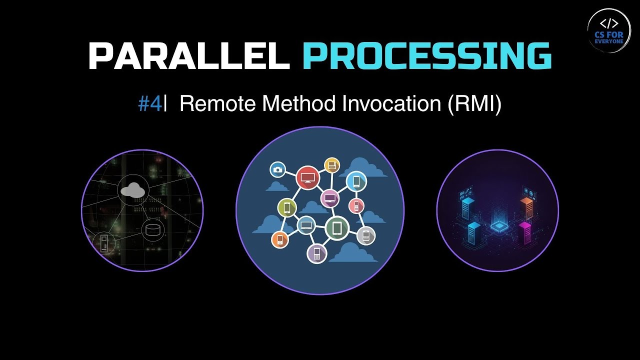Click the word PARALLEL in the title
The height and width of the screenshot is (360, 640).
pos(188,55)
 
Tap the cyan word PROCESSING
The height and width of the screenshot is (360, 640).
pos(426,55)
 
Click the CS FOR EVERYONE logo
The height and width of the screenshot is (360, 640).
pos(608,30)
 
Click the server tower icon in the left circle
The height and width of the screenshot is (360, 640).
pos(104,244)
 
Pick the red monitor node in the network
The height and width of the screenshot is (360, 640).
pos(307,177)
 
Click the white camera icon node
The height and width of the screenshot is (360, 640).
pos(277,169)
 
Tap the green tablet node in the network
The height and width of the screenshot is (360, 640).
pos(337,228)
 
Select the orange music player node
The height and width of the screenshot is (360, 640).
pos(280,239)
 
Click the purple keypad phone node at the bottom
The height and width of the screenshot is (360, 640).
pos(316,253)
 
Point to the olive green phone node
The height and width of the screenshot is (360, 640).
pos(287,207)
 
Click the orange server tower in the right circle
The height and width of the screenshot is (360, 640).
pos(526,206)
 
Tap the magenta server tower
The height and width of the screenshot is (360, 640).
pos(524,232)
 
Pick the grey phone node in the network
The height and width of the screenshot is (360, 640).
pos(366,235)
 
